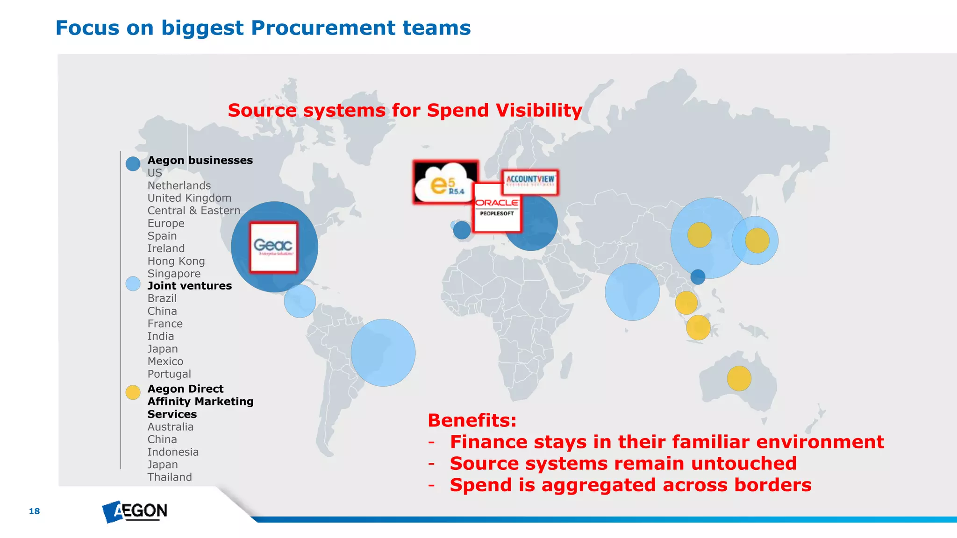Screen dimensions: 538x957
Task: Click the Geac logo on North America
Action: pyautogui.click(x=273, y=247)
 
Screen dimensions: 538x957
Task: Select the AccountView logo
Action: pyautogui.click(x=530, y=182)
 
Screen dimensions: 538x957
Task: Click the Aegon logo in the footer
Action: pyautogui.click(x=135, y=511)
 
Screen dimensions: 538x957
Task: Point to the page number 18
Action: pyautogui.click(x=34, y=511)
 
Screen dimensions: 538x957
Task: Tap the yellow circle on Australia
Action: pyautogui.click(x=739, y=378)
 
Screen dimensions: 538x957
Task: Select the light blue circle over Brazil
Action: pyautogui.click(x=383, y=353)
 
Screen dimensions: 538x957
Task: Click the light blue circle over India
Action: pyautogui.click(x=632, y=292)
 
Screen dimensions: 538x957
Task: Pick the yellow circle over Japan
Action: pyautogui.click(x=757, y=241)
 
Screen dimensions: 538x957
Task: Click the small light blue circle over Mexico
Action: pyautogui.click(x=300, y=301)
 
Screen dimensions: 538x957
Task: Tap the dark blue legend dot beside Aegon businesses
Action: pyautogui.click(x=133, y=163)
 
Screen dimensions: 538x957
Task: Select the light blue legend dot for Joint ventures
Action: pyautogui.click(x=133, y=283)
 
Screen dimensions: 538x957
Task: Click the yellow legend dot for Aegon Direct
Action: pyautogui.click(x=133, y=392)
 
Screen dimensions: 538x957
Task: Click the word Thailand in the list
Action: pyautogui.click(x=170, y=477)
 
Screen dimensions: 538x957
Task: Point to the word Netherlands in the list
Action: pyautogui.click(x=179, y=185)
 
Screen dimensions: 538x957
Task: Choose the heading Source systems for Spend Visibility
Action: pyautogui.click(x=405, y=110)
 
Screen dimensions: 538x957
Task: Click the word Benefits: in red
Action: pyautogui.click(x=472, y=420)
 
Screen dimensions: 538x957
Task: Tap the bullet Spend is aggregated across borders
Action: pyautogui.click(x=630, y=485)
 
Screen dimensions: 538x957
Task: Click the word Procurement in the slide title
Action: pyautogui.click(x=323, y=28)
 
